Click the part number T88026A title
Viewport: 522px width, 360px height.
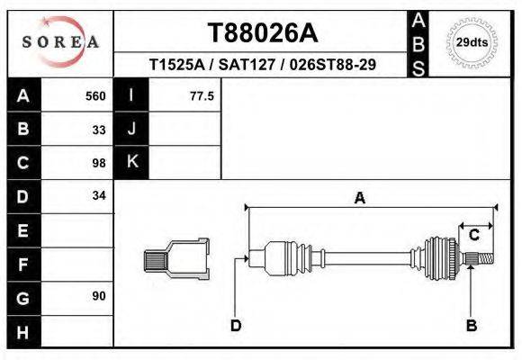[x=263, y=33]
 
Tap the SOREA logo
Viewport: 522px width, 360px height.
[x=59, y=42]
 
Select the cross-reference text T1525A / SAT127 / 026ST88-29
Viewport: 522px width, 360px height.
[x=263, y=65]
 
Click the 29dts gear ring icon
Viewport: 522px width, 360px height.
[x=472, y=42]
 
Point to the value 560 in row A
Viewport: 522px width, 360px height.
[x=94, y=95]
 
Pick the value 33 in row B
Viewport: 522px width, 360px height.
[x=99, y=129]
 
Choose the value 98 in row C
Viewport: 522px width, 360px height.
[x=99, y=163]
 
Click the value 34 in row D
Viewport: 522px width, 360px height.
[x=99, y=195]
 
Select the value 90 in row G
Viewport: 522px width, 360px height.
[x=99, y=296]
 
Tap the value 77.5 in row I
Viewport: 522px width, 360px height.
[x=202, y=95]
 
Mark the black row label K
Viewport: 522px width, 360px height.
[x=131, y=162]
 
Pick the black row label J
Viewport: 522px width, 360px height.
[x=131, y=129]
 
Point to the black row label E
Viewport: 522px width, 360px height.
[x=23, y=230]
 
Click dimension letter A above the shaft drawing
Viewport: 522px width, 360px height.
[x=359, y=198]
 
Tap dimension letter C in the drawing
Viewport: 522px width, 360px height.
[x=473, y=236]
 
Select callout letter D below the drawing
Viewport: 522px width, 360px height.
[x=235, y=326]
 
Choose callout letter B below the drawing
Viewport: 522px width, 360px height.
[x=471, y=326]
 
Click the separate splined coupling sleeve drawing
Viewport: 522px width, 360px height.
[x=176, y=259]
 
